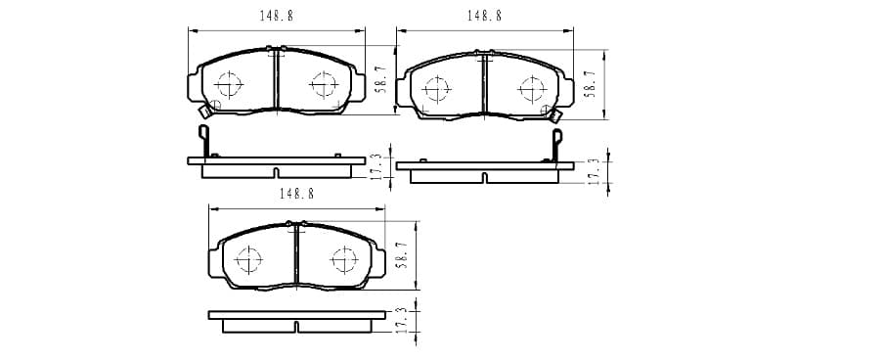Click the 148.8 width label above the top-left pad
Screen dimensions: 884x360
(x=276, y=16)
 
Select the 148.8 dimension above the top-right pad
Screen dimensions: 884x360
(x=484, y=16)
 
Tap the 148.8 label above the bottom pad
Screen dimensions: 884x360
(x=296, y=194)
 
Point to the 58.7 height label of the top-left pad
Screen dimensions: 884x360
(x=381, y=79)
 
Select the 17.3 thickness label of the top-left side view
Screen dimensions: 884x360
(x=377, y=167)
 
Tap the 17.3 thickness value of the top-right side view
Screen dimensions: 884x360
(x=594, y=172)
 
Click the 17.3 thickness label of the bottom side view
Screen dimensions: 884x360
(x=401, y=321)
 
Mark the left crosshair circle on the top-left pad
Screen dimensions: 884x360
(x=228, y=84)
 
